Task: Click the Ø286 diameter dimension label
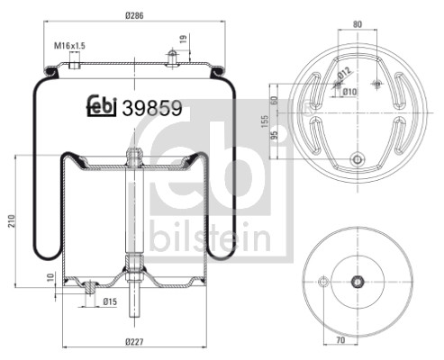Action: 134,15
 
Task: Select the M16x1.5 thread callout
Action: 69,46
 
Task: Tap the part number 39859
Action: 152,108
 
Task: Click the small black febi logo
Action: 102,106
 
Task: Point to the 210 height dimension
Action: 12,221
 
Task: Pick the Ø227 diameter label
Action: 134,342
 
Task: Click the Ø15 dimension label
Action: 110,301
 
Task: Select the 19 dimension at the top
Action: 184,39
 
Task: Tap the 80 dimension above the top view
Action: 358,24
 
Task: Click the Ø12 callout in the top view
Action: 344,73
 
